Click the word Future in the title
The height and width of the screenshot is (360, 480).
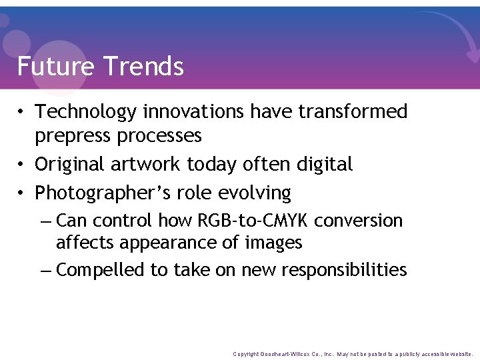click(x=55, y=67)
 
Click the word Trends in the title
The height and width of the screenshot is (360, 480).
click(x=143, y=67)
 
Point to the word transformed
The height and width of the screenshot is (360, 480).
click(x=353, y=112)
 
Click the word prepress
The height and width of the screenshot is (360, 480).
click(x=73, y=137)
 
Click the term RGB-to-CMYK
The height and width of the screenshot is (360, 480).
click(x=254, y=221)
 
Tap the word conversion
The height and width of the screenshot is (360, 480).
click(x=359, y=221)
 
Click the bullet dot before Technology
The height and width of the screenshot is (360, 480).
click(x=23, y=112)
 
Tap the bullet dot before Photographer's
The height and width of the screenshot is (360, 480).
click(x=23, y=193)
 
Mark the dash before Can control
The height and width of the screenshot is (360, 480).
click(x=45, y=221)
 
